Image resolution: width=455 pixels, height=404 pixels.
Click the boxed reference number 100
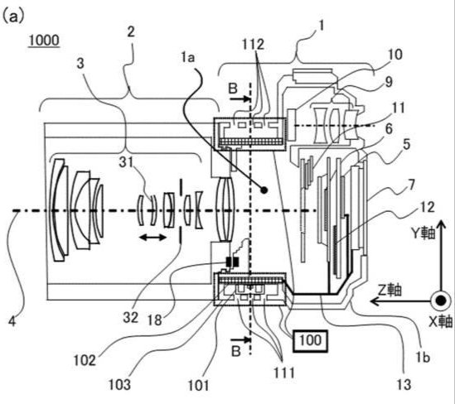click(x=310, y=341)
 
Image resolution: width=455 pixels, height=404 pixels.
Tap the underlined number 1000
click(x=44, y=40)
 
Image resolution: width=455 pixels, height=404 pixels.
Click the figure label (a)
click(x=12, y=16)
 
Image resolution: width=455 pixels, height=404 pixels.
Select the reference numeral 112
click(x=253, y=44)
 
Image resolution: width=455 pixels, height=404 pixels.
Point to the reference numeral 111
click(x=284, y=373)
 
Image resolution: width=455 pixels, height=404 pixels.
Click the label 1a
click(x=188, y=58)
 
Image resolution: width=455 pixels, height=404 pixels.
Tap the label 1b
click(x=423, y=358)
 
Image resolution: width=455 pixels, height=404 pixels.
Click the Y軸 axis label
click(x=423, y=233)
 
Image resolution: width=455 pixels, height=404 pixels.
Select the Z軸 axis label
click(x=390, y=290)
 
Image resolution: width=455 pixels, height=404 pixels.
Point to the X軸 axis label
click(x=441, y=321)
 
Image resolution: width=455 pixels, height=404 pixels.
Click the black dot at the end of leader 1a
click(x=264, y=190)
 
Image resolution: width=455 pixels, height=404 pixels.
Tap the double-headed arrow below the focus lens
click(x=152, y=238)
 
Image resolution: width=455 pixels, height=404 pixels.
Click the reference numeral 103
click(x=119, y=385)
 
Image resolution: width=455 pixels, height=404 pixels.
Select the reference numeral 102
click(x=85, y=360)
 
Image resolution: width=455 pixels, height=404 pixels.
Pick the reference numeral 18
click(x=154, y=320)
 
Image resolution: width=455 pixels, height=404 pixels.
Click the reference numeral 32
click(x=130, y=317)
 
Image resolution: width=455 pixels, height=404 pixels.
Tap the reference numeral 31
click(x=126, y=162)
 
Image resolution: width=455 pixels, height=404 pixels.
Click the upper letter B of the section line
click(x=233, y=89)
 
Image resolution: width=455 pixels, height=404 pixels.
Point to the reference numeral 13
click(x=404, y=385)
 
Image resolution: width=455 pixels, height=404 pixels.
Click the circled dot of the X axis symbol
click(x=441, y=301)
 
